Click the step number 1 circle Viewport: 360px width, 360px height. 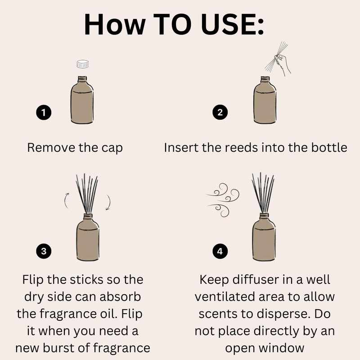44,112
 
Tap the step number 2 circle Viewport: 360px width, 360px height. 220,112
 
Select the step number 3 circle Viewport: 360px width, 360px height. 44,251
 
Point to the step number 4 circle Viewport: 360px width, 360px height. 220,251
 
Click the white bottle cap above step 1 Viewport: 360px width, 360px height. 83,64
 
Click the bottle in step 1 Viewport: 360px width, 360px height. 82,100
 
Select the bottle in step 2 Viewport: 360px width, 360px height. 265,100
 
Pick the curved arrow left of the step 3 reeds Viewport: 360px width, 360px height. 66,201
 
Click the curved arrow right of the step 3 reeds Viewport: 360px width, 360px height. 109,202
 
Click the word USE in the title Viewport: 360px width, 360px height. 232,24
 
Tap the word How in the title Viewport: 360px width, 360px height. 115,24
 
